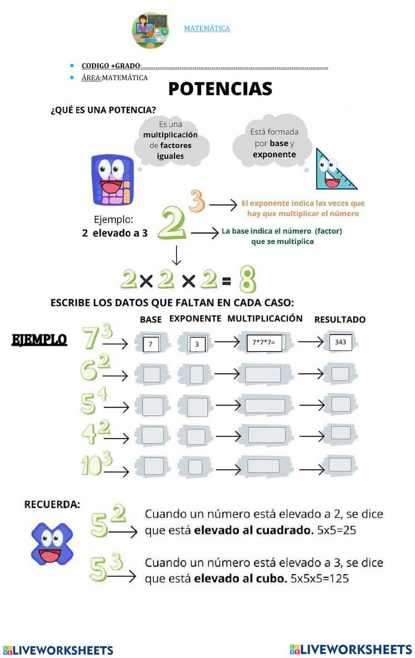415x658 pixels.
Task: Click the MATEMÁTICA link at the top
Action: coord(207,28)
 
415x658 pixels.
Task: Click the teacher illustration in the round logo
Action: coord(151,30)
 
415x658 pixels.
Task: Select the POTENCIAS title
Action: coord(220,89)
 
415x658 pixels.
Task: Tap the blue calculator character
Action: coord(112,180)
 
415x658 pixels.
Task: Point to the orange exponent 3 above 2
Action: coord(197,201)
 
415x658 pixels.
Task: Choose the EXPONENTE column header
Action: coord(195,318)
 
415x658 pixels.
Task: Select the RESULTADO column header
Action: coord(339,319)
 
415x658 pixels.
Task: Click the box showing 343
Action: coord(340,342)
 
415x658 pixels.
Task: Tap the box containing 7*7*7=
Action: coord(264,343)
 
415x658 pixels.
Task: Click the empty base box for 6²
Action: coord(151,374)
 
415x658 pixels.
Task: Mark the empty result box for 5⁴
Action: coord(341,404)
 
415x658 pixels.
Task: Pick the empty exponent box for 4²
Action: coord(196,437)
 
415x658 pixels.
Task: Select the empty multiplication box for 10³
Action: coord(263,466)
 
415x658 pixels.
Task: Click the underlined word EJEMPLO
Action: coord(39,340)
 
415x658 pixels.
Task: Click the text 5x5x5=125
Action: coord(320,578)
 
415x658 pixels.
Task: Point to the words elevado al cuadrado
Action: coord(254,530)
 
